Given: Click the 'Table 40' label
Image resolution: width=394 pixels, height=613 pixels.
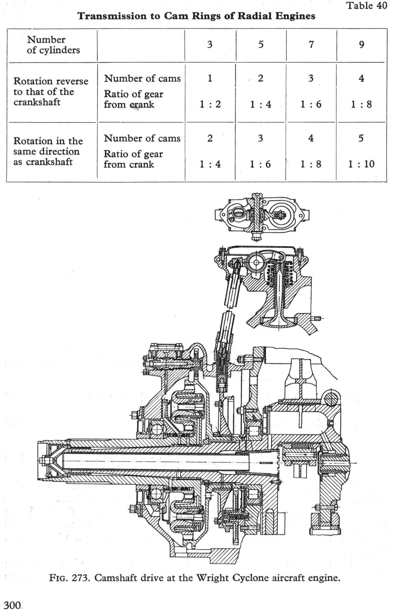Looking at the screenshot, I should click(367, 6).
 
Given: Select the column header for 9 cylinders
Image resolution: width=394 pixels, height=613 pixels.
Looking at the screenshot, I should click(361, 44).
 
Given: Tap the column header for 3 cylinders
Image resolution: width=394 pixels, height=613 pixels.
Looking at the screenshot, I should click(210, 44).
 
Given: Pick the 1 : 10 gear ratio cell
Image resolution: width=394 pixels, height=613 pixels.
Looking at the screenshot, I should click(361, 164).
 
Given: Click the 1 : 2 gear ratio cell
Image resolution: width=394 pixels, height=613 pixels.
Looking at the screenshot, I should click(210, 104).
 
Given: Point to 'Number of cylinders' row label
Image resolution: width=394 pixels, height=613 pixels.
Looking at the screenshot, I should click(53, 45).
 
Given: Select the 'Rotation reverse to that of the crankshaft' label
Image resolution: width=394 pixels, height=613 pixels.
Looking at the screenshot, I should click(50, 91).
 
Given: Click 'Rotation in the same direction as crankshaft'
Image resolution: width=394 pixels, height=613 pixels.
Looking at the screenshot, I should click(48, 151).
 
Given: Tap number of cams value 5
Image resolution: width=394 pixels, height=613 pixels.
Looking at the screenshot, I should click(361, 138).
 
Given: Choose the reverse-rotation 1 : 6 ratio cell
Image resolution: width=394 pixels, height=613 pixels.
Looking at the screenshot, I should click(311, 104).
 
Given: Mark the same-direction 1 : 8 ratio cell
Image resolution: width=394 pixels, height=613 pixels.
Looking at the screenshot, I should click(311, 164).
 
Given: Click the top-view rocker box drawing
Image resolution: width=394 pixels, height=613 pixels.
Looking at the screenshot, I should click(262, 215).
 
